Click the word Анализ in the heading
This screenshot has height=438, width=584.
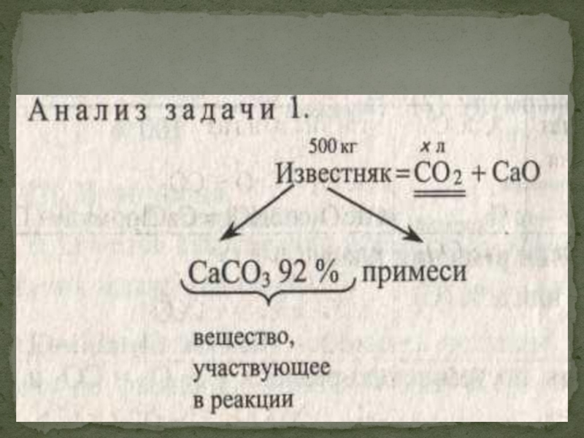81,112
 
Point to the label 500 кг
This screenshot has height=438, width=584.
331,147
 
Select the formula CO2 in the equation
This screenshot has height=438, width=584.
439,175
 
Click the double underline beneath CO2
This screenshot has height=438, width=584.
439,194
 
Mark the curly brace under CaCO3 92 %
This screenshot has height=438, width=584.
267,295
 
